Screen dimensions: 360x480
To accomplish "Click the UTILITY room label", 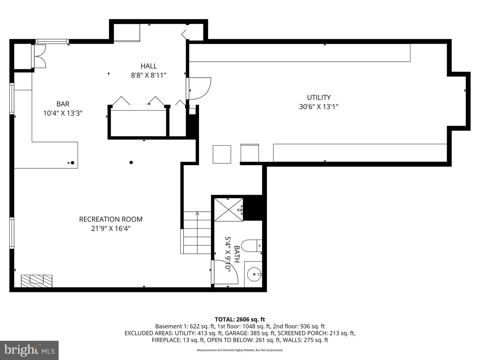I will pos(319,97).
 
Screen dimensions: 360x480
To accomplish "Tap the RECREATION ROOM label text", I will pos(111,219).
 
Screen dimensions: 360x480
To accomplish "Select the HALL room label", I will pos(149,66).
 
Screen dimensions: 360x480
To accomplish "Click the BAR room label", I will pos(63,104).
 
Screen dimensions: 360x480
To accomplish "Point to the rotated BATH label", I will pos(237,254).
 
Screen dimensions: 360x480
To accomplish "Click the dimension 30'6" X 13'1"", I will pos(319,107).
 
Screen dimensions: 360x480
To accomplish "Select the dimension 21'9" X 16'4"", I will pos(111,229).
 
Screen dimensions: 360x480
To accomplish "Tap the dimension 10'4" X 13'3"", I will pos(63,113).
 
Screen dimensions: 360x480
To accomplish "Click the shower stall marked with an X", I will pos(228,209).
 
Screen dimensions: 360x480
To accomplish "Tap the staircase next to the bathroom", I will pos(197,232).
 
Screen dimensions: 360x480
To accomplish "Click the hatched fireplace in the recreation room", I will pos(37,281).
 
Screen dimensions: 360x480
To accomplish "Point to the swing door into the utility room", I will pos(199,88).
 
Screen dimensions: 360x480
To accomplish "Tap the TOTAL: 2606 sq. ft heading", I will pos(240,319).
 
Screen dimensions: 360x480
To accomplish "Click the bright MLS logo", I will pos(29,350).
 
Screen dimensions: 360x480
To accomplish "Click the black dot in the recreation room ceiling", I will pos(131,162).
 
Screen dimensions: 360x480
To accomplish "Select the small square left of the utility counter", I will pos(222,154).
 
